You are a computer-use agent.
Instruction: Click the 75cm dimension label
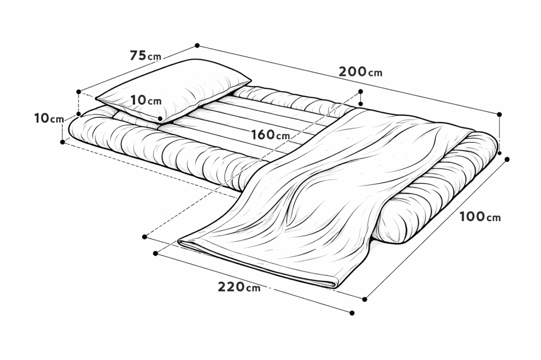145,56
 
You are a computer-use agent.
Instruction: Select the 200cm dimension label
360,72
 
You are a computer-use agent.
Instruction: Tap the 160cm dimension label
270,135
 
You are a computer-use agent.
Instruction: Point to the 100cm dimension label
480,217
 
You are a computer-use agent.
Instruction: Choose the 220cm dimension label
239,287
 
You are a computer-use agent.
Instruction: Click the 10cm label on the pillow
146,101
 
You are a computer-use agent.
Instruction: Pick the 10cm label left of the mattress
49,118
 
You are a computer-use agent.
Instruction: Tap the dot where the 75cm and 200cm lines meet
197,45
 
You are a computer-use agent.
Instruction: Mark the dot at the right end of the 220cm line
352,313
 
